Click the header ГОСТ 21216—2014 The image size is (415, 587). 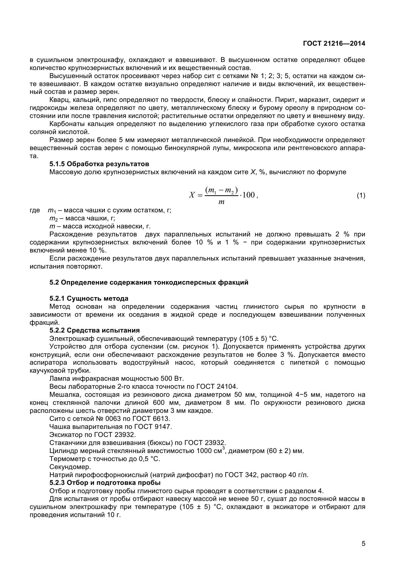334,43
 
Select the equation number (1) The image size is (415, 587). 361,196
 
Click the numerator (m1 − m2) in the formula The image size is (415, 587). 222,190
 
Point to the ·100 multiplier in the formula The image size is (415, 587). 247,195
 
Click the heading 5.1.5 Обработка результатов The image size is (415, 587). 99,164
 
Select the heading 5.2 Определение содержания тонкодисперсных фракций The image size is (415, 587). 149,283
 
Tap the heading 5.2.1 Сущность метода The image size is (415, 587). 89,299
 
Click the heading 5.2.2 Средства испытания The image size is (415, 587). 94,331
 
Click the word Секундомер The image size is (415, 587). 70,467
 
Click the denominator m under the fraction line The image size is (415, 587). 221,202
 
